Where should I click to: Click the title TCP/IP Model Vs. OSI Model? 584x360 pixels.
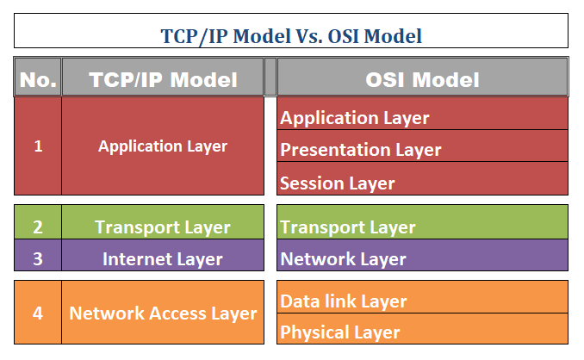coord(291,36)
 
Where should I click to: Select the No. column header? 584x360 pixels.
coord(38,80)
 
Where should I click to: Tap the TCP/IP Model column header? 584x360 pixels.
coord(163,80)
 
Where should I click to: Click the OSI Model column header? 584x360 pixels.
coord(422,80)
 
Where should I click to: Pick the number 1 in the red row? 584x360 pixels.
coord(38,146)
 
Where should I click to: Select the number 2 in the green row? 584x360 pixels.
coord(38,227)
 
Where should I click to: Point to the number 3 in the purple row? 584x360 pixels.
coord(38,258)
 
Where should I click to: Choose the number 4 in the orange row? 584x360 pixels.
coord(38,313)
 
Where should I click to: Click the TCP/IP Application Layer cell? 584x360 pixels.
coord(163,146)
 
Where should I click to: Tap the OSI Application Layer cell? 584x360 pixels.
coord(422,117)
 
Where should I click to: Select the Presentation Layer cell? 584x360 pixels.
coord(422,150)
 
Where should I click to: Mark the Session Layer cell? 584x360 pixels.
coord(422,183)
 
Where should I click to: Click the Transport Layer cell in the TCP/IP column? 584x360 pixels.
coord(163,227)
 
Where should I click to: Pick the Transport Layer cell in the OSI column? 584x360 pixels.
coord(422,227)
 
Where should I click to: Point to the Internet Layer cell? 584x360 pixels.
coord(163,258)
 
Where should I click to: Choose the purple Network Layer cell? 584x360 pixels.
coord(422,258)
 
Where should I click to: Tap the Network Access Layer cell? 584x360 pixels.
coord(163,313)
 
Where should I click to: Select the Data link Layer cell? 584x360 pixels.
coord(422,301)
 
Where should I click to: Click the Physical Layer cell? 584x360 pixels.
coord(422,332)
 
